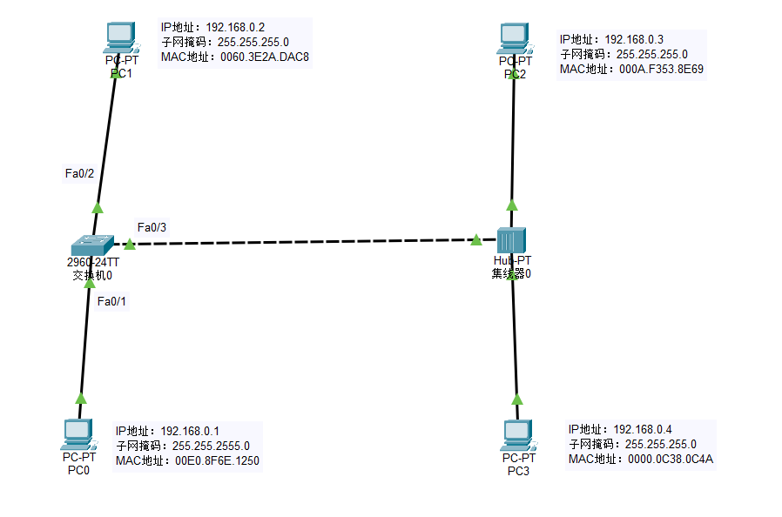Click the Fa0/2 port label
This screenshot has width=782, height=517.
(x=79, y=173)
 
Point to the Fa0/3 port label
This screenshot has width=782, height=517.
(x=152, y=227)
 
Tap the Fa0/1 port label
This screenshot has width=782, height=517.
(x=112, y=301)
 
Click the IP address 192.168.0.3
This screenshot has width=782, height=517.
(x=634, y=39)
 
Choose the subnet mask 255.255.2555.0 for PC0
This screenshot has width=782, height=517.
(x=211, y=446)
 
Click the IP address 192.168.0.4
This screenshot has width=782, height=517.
(x=643, y=428)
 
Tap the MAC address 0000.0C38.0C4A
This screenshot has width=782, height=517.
(x=671, y=459)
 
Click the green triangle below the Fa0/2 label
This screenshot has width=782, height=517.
(x=98, y=207)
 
